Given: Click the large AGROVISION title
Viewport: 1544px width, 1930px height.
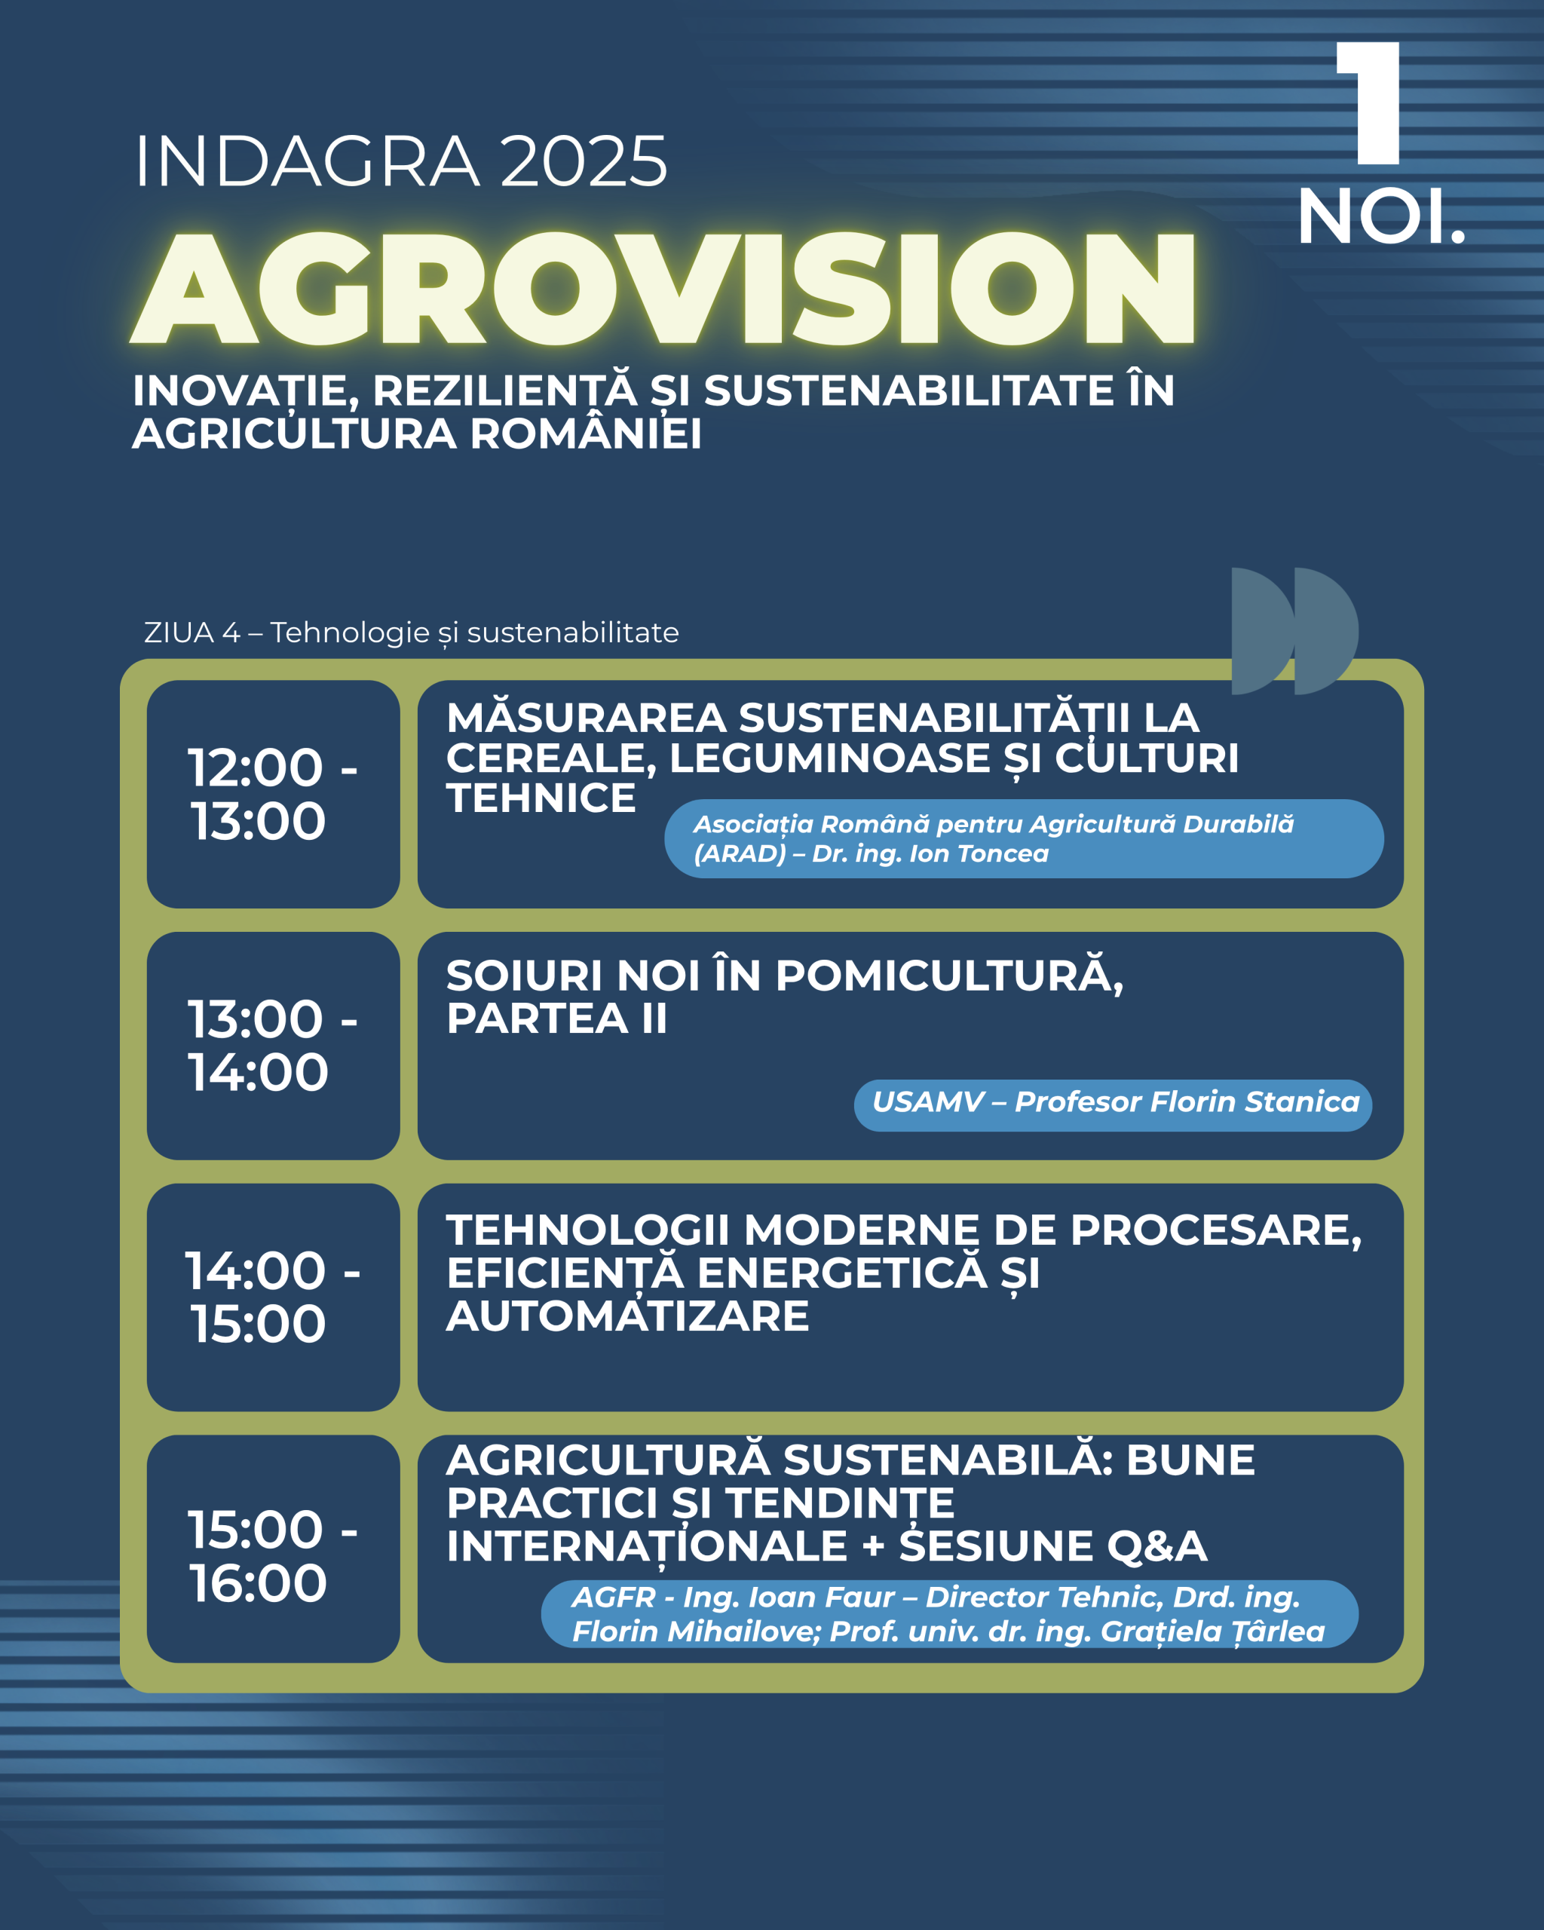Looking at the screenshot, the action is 663,287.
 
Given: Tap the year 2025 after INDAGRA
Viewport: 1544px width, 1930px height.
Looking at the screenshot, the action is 584,162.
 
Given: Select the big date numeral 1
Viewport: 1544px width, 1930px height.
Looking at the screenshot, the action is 1368,103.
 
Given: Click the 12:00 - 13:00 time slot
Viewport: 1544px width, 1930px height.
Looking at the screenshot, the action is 272,794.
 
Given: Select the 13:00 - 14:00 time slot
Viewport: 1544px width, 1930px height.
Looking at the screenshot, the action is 272,1046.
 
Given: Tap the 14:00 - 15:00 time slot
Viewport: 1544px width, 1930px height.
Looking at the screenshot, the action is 272,1297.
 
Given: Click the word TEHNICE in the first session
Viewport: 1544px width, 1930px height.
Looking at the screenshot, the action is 541,798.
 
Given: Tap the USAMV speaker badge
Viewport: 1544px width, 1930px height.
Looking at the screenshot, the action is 1113,1105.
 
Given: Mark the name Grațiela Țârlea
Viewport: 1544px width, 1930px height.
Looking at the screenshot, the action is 1212,1632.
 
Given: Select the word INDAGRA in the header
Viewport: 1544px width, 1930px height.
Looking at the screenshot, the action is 307,162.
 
